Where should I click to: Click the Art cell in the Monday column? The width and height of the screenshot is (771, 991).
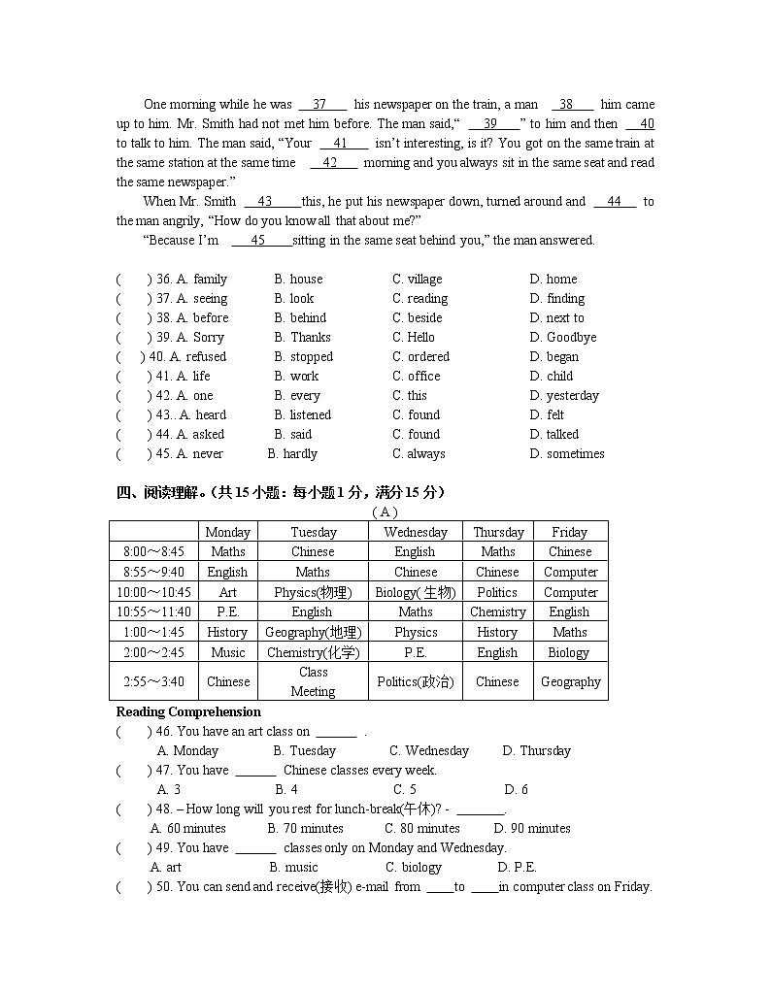[x=227, y=592]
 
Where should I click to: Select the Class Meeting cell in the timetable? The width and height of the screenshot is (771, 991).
[x=313, y=681]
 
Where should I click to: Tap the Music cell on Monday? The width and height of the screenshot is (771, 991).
[x=227, y=652]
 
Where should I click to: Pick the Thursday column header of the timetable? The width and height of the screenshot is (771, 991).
[x=498, y=532]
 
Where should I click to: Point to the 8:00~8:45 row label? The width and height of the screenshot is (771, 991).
[x=153, y=551]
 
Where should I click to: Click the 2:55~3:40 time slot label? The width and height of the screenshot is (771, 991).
[x=153, y=681]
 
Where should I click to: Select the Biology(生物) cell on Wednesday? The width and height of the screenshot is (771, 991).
[x=415, y=592]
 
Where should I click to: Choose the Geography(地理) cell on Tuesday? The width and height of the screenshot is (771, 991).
[x=313, y=632]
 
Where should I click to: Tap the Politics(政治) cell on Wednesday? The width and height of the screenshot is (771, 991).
[x=415, y=681]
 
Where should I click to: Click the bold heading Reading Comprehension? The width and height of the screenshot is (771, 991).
[x=188, y=712]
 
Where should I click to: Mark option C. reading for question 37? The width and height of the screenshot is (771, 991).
[x=419, y=299]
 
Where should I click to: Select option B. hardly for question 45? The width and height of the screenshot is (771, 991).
[x=292, y=454]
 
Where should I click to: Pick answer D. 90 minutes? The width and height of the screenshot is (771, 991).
[x=532, y=829]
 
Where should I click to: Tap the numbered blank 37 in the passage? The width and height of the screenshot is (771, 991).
[x=320, y=105]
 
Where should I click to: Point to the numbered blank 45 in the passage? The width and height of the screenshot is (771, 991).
[x=258, y=241]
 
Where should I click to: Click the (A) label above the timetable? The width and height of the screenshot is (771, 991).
[x=385, y=512]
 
